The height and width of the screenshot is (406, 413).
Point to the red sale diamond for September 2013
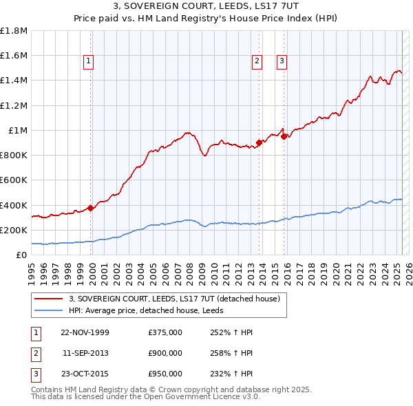(x=259, y=142)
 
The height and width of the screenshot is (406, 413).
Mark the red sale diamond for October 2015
(x=284, y=136)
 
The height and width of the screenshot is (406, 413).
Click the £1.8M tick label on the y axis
(x=14, y=31)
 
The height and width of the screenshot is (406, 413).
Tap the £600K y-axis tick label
(x=14, y=180)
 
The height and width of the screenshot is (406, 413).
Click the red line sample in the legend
(x=48, y=299)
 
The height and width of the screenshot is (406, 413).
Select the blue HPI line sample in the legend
(x=48, y=311)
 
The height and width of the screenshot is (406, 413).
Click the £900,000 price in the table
(x=165, y=353)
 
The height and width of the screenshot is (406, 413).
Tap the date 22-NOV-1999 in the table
(x=85, y=332)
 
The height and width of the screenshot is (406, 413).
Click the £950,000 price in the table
(x=165, y=374)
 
